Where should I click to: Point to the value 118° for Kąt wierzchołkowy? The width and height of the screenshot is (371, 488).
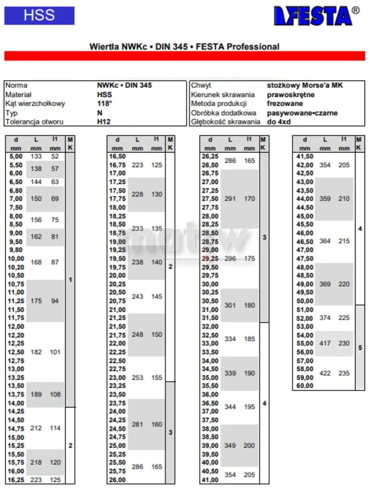[x=105, y=103]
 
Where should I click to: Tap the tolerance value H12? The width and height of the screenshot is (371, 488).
[x=103, y=121]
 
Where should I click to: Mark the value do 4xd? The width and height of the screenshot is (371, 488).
[x=281, y=121]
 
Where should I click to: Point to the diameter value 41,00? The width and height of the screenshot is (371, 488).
[x=210, y=480]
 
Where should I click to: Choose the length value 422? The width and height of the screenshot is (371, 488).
[x=325, y=373]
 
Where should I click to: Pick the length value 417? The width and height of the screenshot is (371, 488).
[x=325, y=343]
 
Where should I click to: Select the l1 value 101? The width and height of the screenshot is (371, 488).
[x=55, y=351]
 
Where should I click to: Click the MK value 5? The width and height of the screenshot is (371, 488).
[x=361, y=347]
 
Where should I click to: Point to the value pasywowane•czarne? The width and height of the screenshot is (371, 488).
[x=297, y=113]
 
